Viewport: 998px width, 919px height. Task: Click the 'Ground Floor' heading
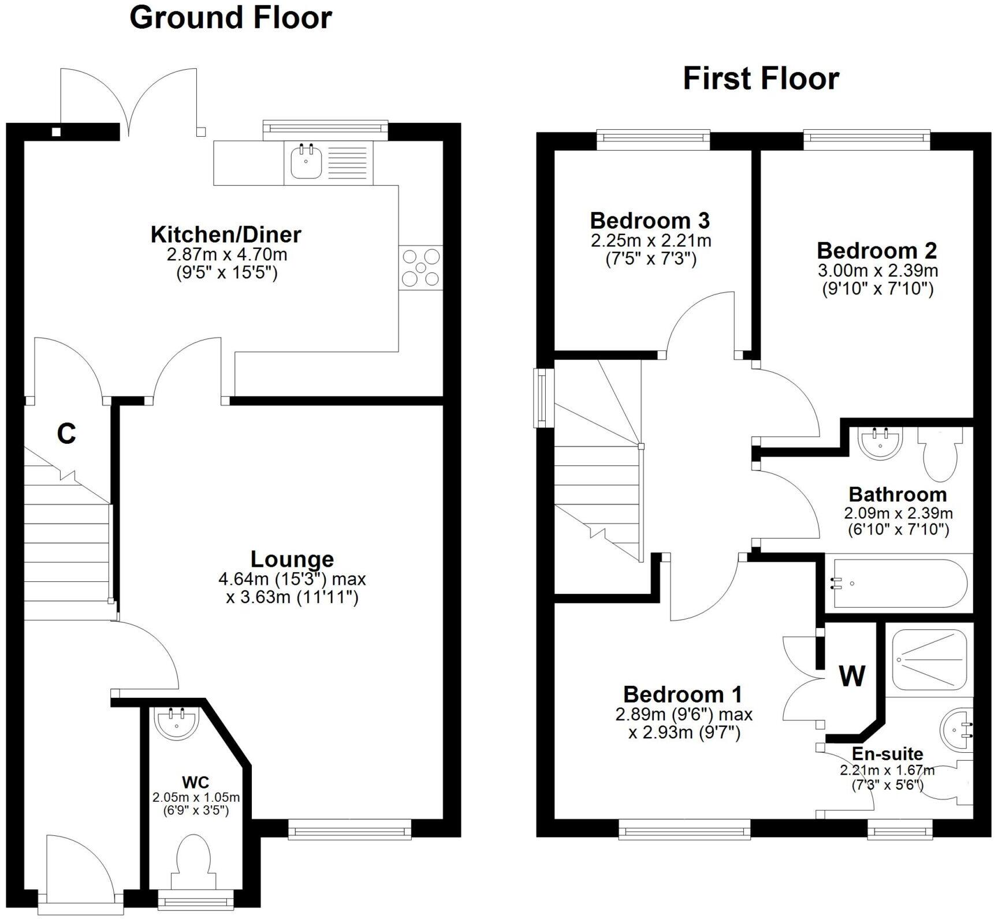pos(230,18)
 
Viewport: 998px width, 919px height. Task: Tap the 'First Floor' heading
pos(761,79)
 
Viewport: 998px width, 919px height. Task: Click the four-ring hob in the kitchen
pos(420,268)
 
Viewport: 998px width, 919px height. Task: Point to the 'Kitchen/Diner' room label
pos(226,234)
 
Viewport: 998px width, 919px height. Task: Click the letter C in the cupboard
pos(66,434)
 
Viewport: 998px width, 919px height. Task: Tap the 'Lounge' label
pos(292,559)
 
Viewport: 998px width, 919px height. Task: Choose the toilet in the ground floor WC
pos(193,859)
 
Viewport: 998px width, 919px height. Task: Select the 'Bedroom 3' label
pos(650,221)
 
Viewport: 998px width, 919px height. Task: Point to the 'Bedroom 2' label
pos(877,251)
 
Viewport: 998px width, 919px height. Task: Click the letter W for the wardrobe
pos(852,676)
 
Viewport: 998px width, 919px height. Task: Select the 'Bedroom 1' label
pos(683,694)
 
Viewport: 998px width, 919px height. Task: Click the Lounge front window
pos(349,831)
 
